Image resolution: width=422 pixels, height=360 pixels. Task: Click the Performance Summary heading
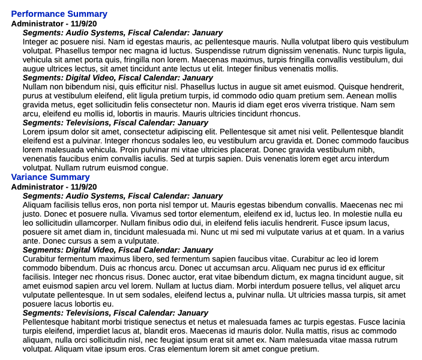(x=59, y=14)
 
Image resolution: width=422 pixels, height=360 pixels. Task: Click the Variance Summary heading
(x=50, y=177)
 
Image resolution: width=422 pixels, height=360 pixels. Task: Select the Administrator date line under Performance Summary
(x=53, y=23)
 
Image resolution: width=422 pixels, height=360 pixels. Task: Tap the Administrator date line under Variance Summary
(x=53, y=187)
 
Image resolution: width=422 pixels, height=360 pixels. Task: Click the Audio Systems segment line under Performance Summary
(x=122, y=32)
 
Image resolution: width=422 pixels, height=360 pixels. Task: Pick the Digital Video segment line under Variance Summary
(x=118, y=250)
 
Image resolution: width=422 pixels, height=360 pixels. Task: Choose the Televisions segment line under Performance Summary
(x=115, y=122)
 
